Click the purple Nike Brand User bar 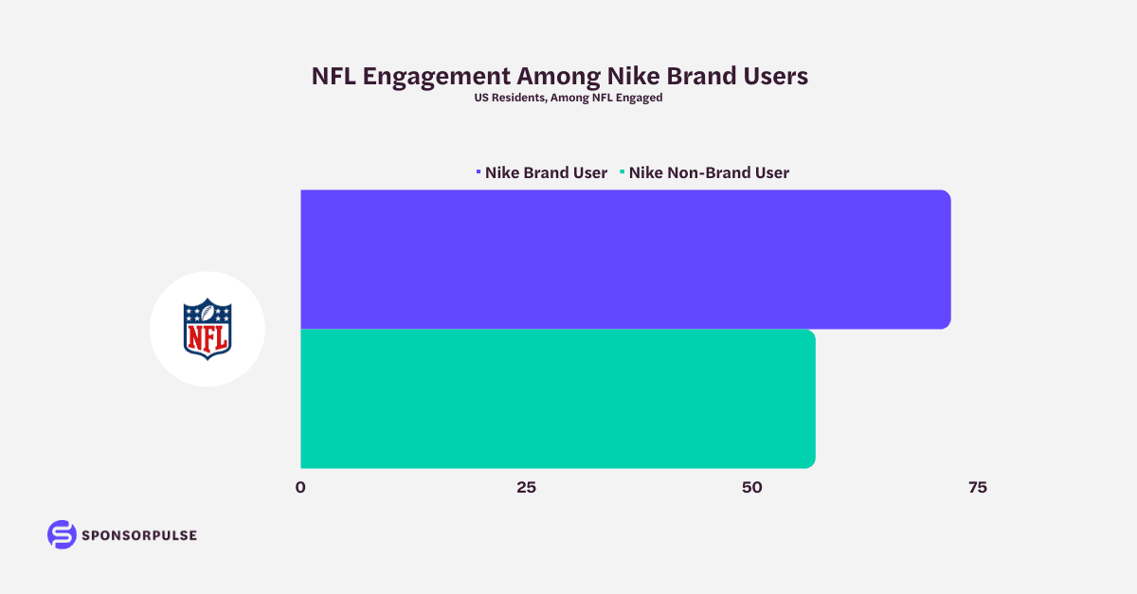(x=625, y=259)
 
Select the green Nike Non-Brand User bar (x=557, y=398)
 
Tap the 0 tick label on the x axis (x=300, y=488)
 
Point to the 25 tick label (x=526, y=488)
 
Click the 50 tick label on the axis (x=751, y=488)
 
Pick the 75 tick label (x=977, y=488)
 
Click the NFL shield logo (x=208, y=329)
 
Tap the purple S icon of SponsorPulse (x=62, y=534)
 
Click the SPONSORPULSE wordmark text (x=139, y=535)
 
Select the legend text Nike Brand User (x=546, y=172)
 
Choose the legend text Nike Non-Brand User (x=709, y=172)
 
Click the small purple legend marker (x=478, y=172)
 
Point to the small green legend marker (x=622, y=172)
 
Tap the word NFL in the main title (x=334, y=77)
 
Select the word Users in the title (x=776, y=77)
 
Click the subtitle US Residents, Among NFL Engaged (x=568, y=98)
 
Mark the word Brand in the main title (x=702, y=77)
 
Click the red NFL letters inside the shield (x=208, y=338)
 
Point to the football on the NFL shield (x=208, y=314)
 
